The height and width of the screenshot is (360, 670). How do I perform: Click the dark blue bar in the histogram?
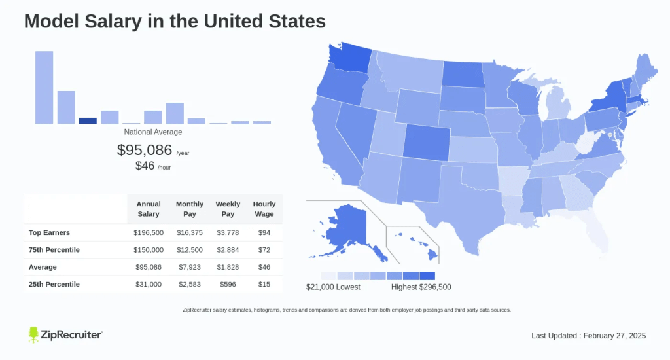tap(88, 120)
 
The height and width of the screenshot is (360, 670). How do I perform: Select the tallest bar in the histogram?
tap(44, 87)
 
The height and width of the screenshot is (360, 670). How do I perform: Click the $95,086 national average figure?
tap(145, 150)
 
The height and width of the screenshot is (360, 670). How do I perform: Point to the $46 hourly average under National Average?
tap(145, 166)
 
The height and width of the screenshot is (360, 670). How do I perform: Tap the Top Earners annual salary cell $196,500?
tap(149, 232)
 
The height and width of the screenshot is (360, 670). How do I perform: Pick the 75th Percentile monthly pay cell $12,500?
tap(189, 250)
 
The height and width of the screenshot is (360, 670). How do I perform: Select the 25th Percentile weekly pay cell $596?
tap(228, 284)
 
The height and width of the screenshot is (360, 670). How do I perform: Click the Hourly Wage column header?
tap(264, 209)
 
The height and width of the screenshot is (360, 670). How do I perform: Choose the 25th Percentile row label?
tap(54, 284)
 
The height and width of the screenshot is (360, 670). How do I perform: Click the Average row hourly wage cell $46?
tap(264, 267)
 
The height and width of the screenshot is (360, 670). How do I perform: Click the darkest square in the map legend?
tap(427, 276)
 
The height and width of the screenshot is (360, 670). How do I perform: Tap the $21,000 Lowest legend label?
tap(333, 287)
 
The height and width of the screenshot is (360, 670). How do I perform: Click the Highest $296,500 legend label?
tap(421, 287)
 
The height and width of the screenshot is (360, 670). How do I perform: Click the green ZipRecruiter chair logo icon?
tap(34, 334)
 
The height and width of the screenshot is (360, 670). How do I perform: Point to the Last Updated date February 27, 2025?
tap(616, 336)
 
